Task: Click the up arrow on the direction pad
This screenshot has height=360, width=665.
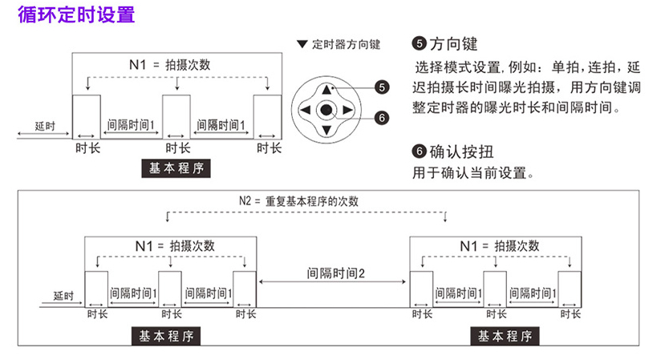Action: [x=326, y=89]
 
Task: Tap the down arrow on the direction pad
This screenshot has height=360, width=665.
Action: [x=326, y=130]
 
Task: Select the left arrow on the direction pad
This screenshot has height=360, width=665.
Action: [x=306, y=110]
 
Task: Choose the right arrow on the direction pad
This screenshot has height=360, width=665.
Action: [x=347, y=110]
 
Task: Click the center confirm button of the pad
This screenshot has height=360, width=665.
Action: [x=326, y=110]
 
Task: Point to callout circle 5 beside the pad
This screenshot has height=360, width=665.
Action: [x=381, y=87]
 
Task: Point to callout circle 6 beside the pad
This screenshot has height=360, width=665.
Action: [x=381, y=118]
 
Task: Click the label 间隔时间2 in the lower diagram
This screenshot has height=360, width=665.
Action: [x=336, y=273]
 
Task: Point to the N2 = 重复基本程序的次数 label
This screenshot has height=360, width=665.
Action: [x=300, y=200]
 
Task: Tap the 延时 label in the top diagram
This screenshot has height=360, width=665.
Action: [x=45, y=127]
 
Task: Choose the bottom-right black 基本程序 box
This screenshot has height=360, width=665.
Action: [x=505, y=336]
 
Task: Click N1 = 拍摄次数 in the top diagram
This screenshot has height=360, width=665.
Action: [x=171, y=65]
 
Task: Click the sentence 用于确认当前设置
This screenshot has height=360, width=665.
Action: [x=473, y=172]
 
